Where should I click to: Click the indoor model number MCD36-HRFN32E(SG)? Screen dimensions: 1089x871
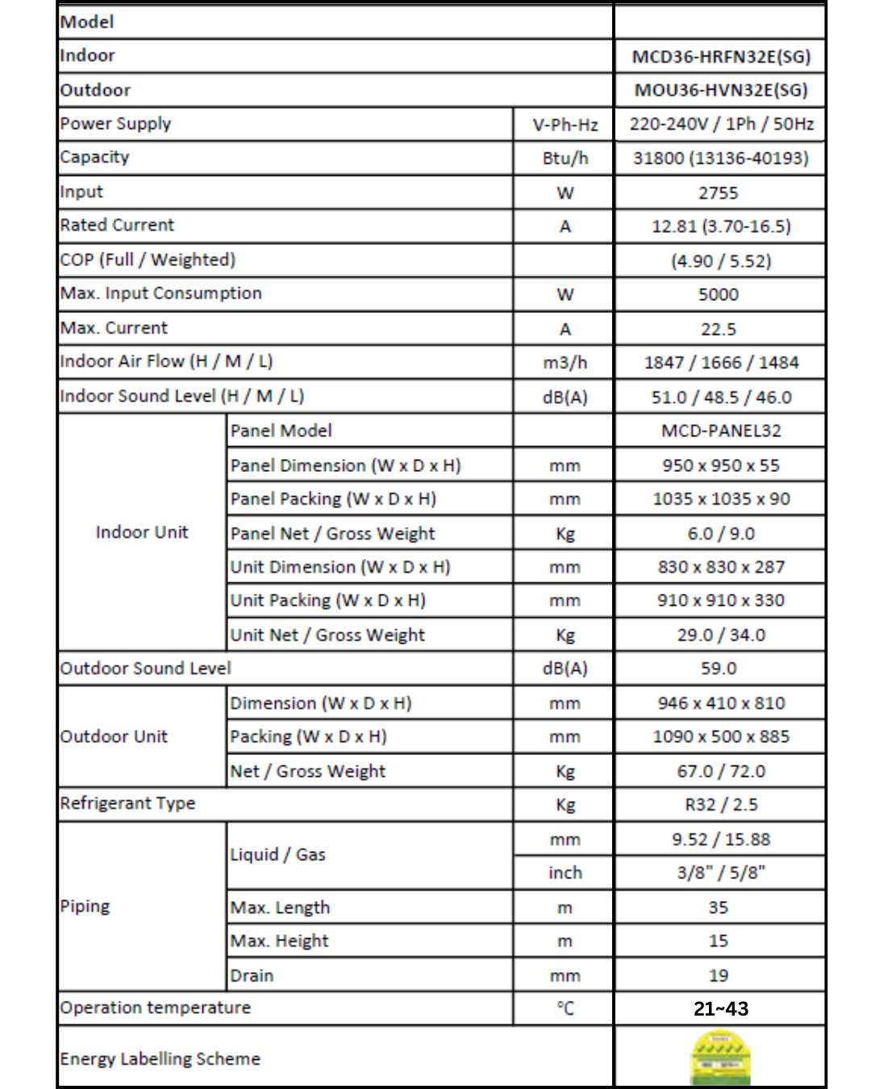[720, 56]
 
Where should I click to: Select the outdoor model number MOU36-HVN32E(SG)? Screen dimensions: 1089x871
[720, 90]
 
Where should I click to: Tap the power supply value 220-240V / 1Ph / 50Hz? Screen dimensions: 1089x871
[721, 124]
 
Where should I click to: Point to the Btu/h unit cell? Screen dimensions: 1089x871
[565, 158]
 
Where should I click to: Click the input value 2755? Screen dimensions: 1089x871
[718, 193]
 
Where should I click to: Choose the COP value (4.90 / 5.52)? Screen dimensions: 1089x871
[720, 261]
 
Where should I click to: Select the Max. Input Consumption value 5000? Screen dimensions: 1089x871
[718, 294]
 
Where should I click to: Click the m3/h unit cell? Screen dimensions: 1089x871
[565, 363]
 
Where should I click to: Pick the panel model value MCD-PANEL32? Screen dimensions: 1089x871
[720, 431]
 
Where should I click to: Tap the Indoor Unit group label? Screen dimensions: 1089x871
[142, 532]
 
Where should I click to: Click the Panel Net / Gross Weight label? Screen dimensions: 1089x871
[332, 533]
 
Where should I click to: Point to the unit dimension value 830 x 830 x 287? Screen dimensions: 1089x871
[720, 567]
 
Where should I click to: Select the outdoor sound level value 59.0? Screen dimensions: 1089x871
[718, 669]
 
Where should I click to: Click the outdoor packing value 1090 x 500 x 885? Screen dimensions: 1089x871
[720, 736]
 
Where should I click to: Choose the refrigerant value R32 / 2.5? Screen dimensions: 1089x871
[720, 804]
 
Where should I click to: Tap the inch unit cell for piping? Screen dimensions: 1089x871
[565, 873]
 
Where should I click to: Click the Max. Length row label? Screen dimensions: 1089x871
[280, 907]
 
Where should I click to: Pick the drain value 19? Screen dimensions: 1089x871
[718, 975]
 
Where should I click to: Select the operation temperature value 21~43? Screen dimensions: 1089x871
[720, 1008]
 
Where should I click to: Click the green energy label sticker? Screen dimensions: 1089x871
[720, 1058]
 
